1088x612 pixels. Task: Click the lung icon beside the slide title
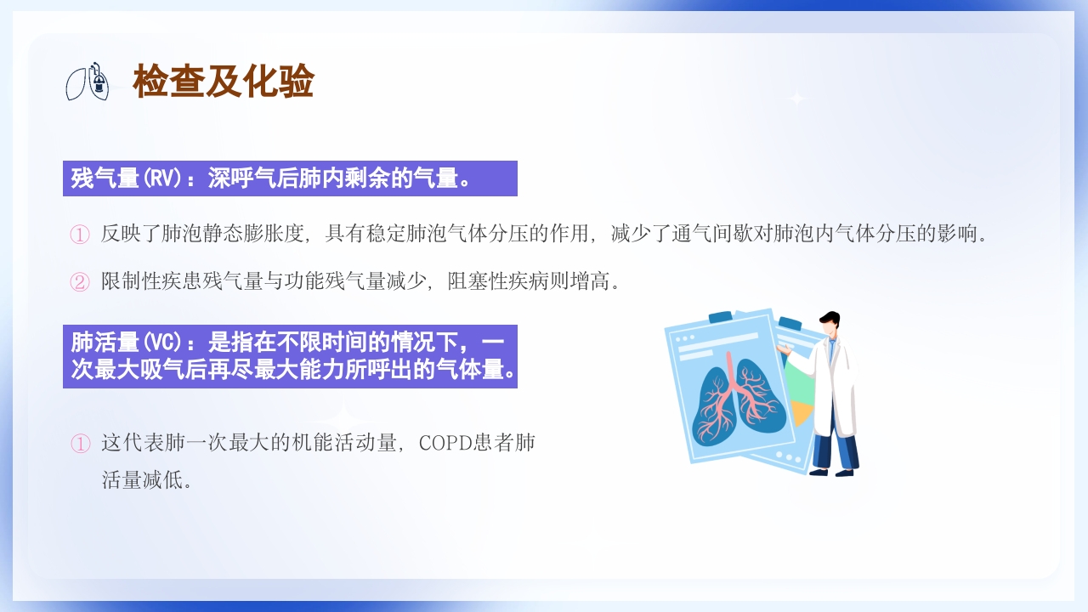pos(88,82)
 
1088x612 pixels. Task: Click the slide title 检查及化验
pos(224,82)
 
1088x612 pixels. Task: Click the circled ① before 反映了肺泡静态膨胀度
pos(79,234)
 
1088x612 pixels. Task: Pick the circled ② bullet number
pos(79,281)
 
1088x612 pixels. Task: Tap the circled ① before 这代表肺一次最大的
pos(79,444)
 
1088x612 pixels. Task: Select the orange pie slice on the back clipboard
pos(801,412)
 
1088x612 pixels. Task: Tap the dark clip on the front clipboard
pos(721,317)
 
